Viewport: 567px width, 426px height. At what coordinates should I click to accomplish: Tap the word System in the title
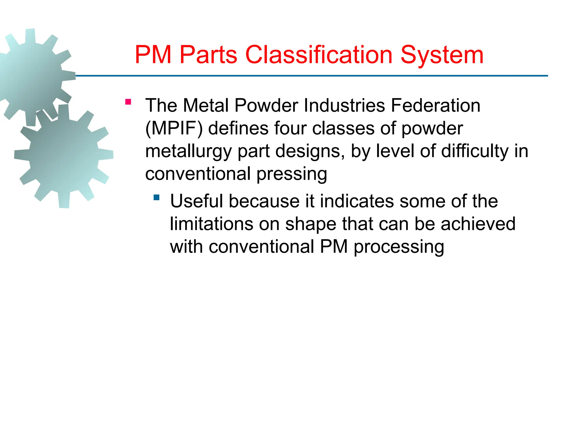point(442,55)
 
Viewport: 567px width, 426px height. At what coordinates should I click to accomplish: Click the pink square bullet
point(128,102)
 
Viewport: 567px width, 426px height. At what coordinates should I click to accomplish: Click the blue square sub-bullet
point(157,197)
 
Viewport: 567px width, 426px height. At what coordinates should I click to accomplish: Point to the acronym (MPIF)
point(174,128)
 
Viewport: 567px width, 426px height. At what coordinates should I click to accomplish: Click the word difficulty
point(475,151)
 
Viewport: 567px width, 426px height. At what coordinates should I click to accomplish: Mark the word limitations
point(211,224)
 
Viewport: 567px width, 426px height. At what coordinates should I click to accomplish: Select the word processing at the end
point(399,247)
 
